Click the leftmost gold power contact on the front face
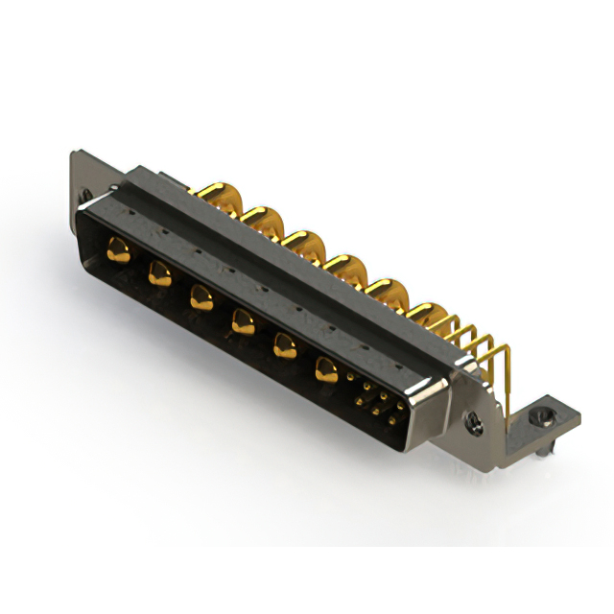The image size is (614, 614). [119, 250]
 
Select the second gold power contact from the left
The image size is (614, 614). [159, 274]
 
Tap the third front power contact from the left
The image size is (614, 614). [201, 298]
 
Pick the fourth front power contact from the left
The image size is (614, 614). [242, 323]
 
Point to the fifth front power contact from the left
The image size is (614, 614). [285, 345]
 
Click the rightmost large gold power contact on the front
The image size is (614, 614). [328, 367]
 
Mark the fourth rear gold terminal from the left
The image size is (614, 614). [343, 265]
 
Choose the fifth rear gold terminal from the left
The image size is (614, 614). [385, 289]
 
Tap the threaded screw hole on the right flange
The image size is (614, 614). [472, 419]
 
